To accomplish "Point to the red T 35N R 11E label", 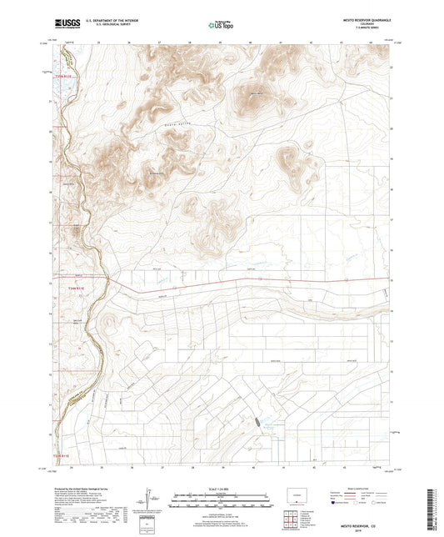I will (64, 78).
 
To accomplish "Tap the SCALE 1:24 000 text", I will (221, 489).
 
